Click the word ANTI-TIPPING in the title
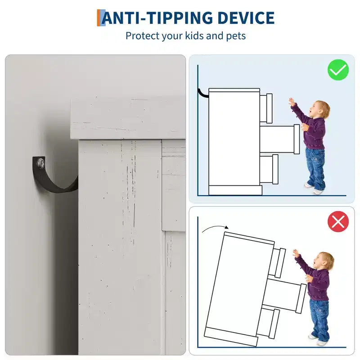tap(157, 18)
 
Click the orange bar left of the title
tap(99, 18)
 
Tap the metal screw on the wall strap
tap(41, 163)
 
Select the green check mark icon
tap(338, 70)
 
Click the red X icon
tap(338, 222)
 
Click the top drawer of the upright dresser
tap(266, 108)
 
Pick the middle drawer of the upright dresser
tap(280, 139)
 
